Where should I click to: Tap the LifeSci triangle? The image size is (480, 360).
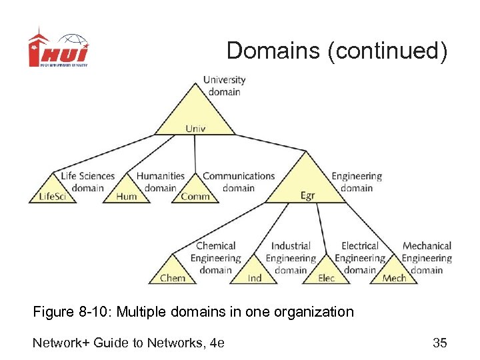[53, 191]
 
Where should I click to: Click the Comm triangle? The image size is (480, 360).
[195, 191]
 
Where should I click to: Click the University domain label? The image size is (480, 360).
[224, 85]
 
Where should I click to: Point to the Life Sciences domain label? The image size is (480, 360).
[87, 182]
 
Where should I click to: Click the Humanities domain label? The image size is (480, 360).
[160, 182]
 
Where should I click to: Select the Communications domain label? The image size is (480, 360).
[239, 182]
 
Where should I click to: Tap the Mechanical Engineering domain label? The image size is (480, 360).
[427, 258]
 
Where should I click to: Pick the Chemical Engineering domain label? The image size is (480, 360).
[215, 258]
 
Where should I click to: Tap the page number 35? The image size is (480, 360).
[439, 343]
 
